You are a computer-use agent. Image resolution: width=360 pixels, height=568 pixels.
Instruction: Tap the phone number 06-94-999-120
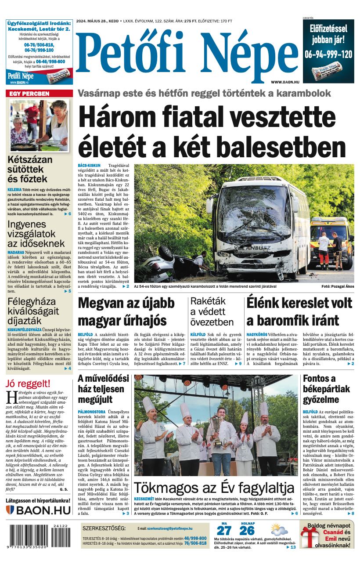click(328, 54)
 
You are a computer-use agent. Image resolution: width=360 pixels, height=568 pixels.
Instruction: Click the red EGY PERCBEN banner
click(39, 94)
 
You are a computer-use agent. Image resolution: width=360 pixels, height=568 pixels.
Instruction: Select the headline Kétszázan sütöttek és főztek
click(30, 169)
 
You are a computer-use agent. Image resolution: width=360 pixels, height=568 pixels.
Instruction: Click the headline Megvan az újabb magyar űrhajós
click(126, 311)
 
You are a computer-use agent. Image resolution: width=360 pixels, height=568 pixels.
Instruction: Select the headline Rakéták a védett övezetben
click(212, 311)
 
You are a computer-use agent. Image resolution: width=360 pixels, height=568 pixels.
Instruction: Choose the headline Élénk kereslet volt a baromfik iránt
click(299, 311)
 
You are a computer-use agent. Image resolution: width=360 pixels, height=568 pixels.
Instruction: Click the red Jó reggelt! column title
click(28, 383)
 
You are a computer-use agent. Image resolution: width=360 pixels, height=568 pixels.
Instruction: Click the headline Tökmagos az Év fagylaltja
click(214, 488)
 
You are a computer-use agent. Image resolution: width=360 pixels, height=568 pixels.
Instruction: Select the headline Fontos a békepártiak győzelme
click(327, 389)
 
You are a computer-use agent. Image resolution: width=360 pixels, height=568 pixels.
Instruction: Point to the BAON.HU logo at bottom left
click(39, 510)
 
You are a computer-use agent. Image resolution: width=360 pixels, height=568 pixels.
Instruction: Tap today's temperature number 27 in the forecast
click(224, 531)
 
